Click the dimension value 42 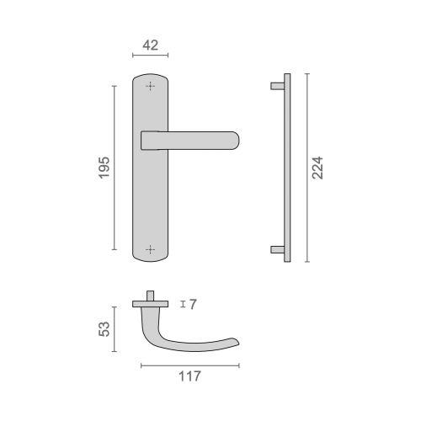pyautogui.click(x=150, y=45)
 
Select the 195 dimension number pyautogui.click(x=104, y=168)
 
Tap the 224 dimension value pyautogui.click(x=317, y=168)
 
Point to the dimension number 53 pyautogui.click(x=104, y=329)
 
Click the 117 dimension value pyautogui.click(x=190, y=376)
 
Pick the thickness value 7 pyautogui.click(x=193, y=304)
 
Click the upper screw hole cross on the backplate pyautogui.click(x=151, y=86)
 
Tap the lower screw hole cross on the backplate pyautogui.click(x=151, y=249)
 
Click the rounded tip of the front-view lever pyautogui.click(x=237, y=141)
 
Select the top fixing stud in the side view pyautogui.click(x=278, y=86)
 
